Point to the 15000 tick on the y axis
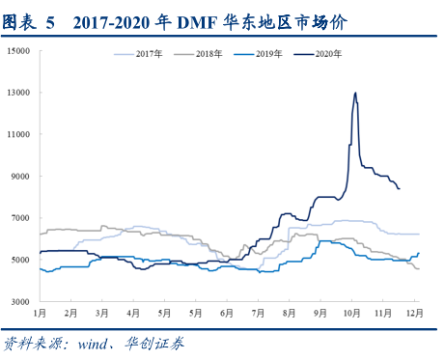coord(19,51)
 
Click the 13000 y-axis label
coord(19,93)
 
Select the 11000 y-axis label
coord(19,135)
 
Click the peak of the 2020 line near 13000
coord(356,93)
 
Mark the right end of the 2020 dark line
coord(400,189)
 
